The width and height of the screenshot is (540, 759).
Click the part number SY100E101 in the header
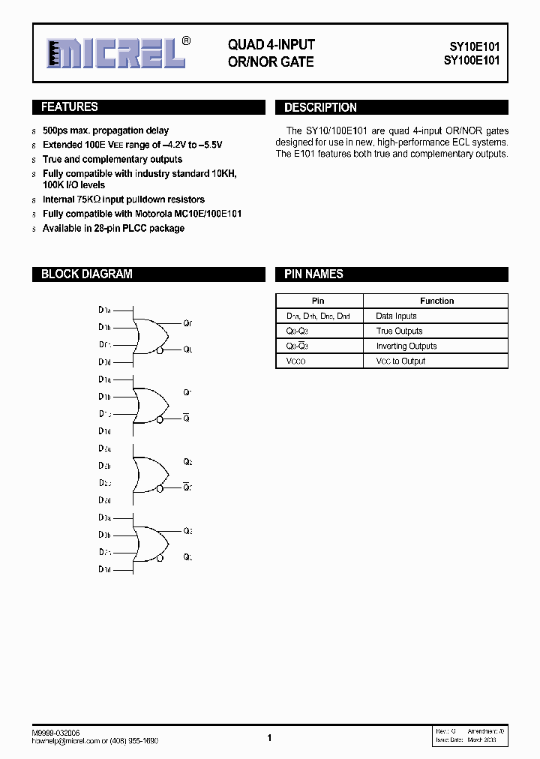coord(469,61)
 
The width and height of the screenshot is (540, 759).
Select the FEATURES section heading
coord(69,107)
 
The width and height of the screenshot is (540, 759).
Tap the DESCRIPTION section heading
coord(320,108)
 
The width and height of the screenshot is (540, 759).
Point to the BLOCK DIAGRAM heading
coord(86,274)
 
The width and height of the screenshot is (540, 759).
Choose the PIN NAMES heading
coord(313,274)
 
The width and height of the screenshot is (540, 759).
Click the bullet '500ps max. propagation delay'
coord(106,130)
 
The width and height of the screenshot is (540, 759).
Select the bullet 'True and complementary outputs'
coord(112,159)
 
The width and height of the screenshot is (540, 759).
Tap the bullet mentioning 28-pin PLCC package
coord(113,228)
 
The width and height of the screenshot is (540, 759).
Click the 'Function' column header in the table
coord(436,301)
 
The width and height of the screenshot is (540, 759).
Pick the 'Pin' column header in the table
coord(317,301)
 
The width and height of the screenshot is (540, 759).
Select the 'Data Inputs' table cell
coord(396,316)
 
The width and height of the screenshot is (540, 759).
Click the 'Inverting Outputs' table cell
coord(406,346)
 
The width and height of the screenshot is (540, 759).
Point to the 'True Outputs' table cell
coord(399,331)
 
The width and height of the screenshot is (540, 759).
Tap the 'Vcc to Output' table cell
coord(400,361)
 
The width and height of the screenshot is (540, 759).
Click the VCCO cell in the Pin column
coord(296,361)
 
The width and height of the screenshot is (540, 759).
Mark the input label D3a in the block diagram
coord(104,518)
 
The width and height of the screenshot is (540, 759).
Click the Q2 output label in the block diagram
coord(188,462)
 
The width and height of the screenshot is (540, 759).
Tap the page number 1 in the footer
coord(269,738)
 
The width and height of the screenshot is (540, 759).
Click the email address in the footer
coord(64,740)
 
